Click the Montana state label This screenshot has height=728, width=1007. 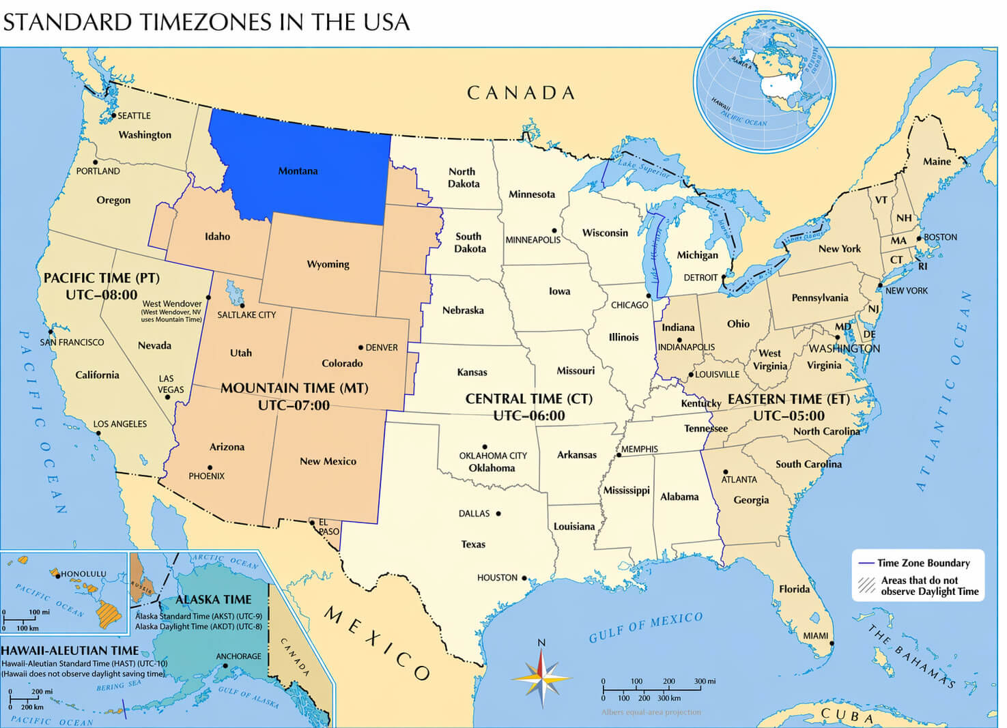click(x=298, y=171)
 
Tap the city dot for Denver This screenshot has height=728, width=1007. click(x=361, y=347)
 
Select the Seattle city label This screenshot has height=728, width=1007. click(x=134, y=116)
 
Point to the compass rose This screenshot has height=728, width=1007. click(x=541, y=675)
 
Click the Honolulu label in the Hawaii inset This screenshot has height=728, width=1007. click(x=83, y=574)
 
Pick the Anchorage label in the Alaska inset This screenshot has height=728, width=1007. click(x=238, y=656)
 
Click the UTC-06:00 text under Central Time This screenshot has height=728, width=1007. click(x=529, y=416)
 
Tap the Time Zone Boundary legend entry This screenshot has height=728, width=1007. click(x=923, y=563)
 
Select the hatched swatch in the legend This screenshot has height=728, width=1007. click(x=867, y=585)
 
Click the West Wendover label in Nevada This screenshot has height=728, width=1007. click(x=171, y=304)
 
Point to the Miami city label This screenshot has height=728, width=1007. click(x=815, y=636)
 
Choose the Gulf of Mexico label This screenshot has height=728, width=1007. click(x=645, y=627)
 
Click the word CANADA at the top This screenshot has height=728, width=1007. click(x=520, y=93)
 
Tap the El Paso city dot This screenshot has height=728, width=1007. click(x=313, y=523)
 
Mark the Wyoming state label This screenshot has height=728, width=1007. click(x=328, y=264)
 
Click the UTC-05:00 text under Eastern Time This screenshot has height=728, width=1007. click(x=789, y=416)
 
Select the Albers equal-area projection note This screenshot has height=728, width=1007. click(x=651, y=712)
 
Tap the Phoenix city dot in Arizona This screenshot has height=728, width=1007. click(x=210, y=467)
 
